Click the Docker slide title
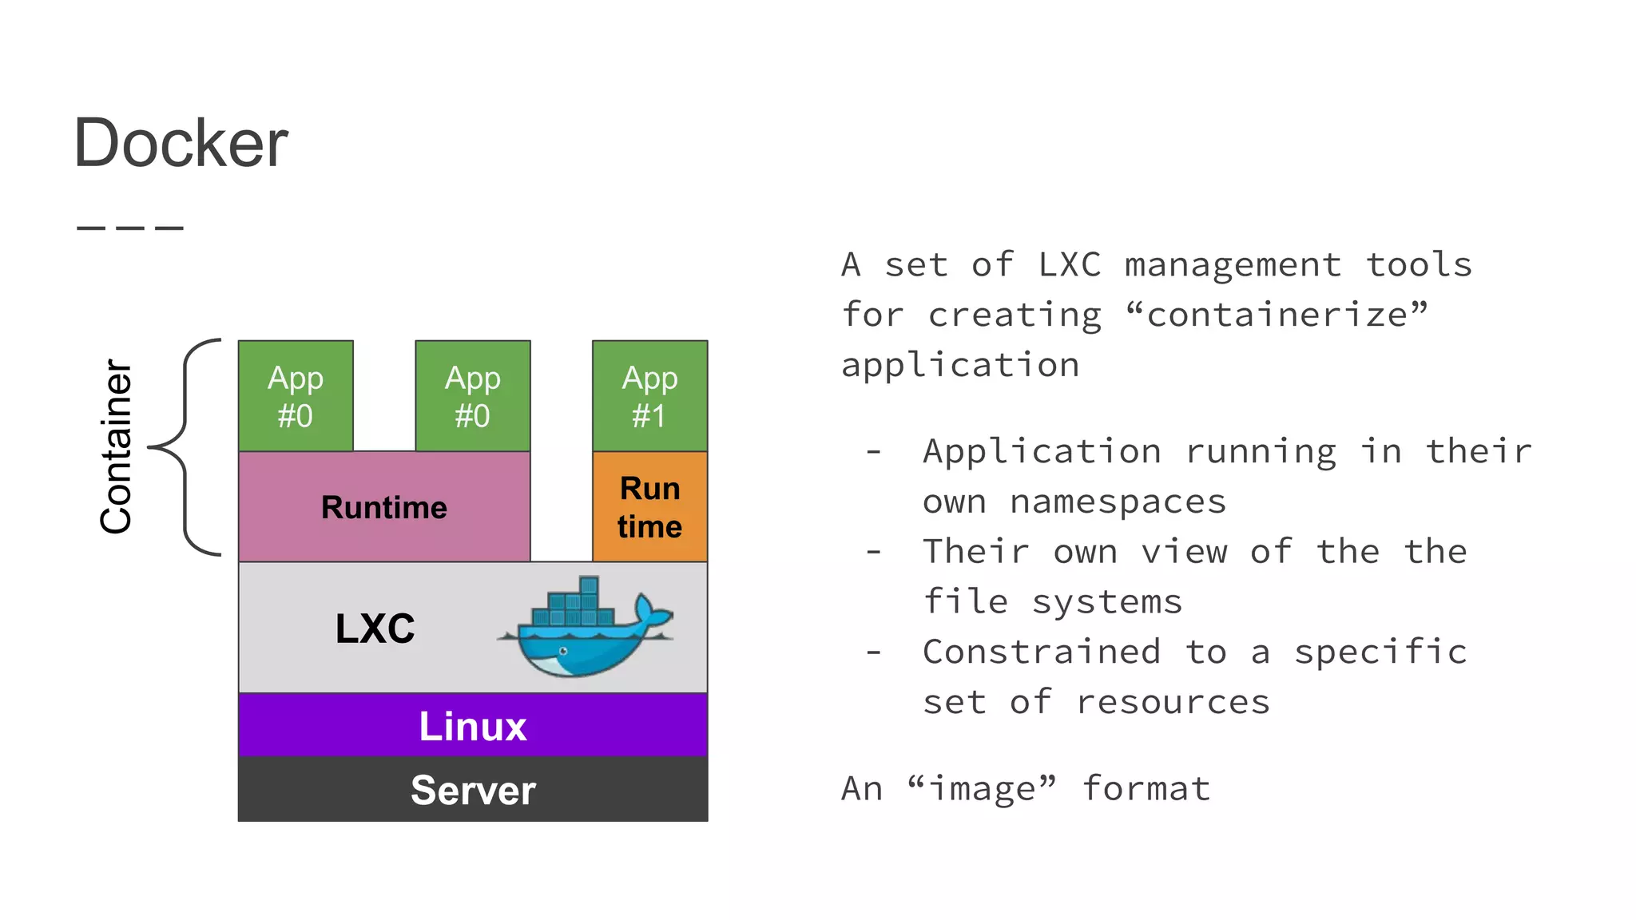pos(181,144)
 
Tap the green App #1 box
pos(649,396)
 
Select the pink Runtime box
pos(384,507)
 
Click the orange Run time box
pos(649,507)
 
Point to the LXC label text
pos(375,629)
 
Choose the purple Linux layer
pos(473,725)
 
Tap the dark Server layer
pos(473,789)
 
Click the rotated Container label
pos(117,447)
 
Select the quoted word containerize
pos(1277,315)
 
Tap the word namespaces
pos(1118,502)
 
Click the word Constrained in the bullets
pos(1041,652)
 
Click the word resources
pos(1173,702)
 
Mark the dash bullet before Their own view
pos(874,552)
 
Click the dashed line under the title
pos(130,228)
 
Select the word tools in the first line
pos(1419,265)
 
